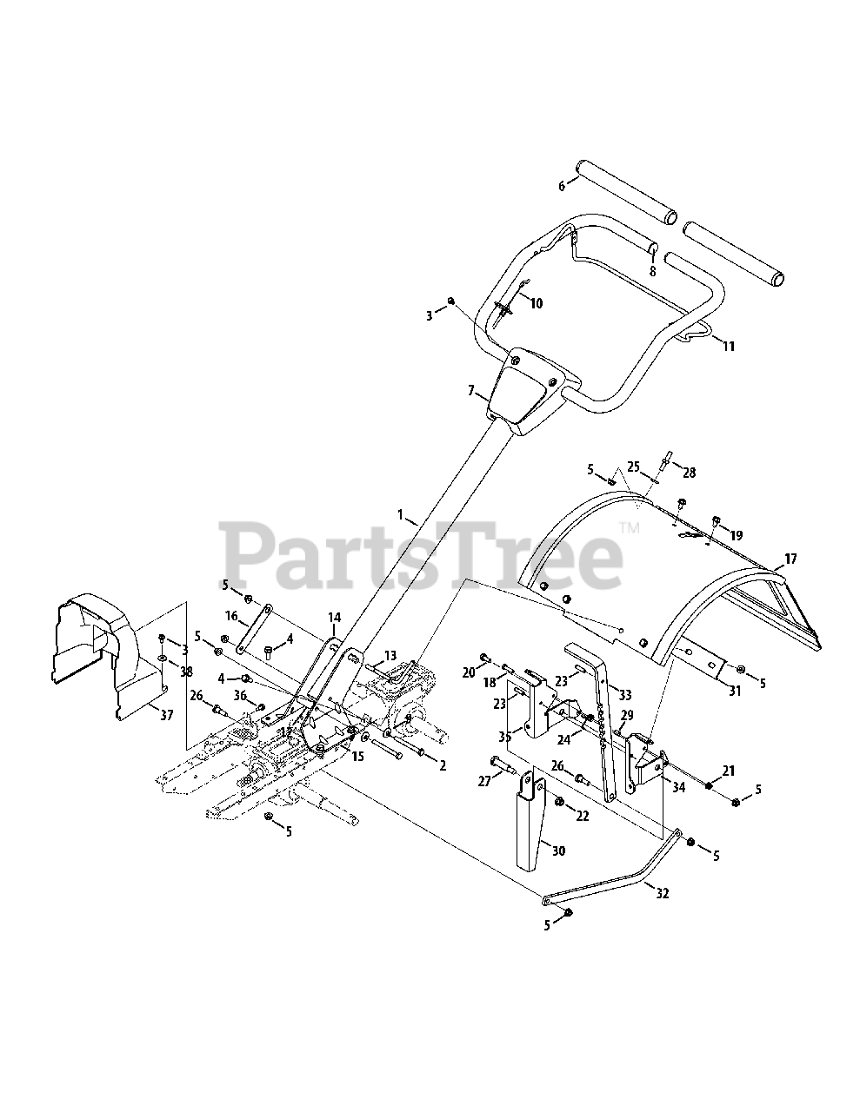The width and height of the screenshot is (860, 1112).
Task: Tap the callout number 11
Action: coord(729,346)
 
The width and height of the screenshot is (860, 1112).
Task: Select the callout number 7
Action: coord(472,392)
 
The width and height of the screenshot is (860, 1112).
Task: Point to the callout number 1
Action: coord(402,515)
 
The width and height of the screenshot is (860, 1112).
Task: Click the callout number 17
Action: coord(790,559)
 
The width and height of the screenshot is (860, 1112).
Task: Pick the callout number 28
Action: coord(690,473)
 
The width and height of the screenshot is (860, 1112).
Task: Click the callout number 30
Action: coord(558,851)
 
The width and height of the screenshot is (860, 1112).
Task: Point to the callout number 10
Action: coord(536,303)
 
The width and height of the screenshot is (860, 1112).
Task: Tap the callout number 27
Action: coord(484,781)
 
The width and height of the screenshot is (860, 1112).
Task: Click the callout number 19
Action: coord(737,536)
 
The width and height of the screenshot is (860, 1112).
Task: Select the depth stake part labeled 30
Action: coord(532,825)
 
